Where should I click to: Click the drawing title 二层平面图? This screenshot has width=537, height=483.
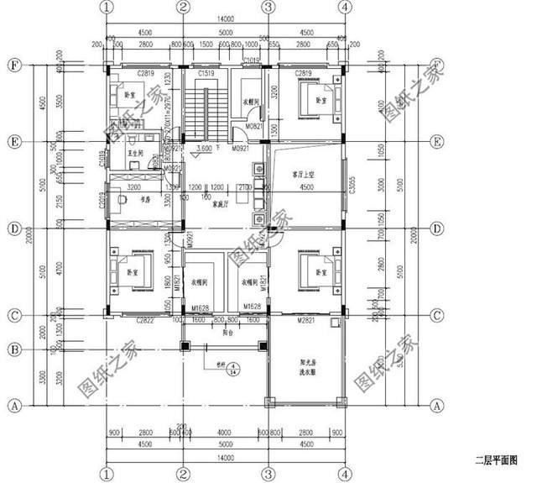click(x=497, y=460)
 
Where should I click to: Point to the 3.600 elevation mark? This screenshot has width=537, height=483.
click(x=203, y=148)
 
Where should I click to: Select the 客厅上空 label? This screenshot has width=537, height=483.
click(x=303, y=175)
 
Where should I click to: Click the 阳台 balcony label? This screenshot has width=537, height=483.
click(x=226, y=331)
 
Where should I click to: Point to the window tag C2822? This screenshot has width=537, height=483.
click(x=144, y=320)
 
